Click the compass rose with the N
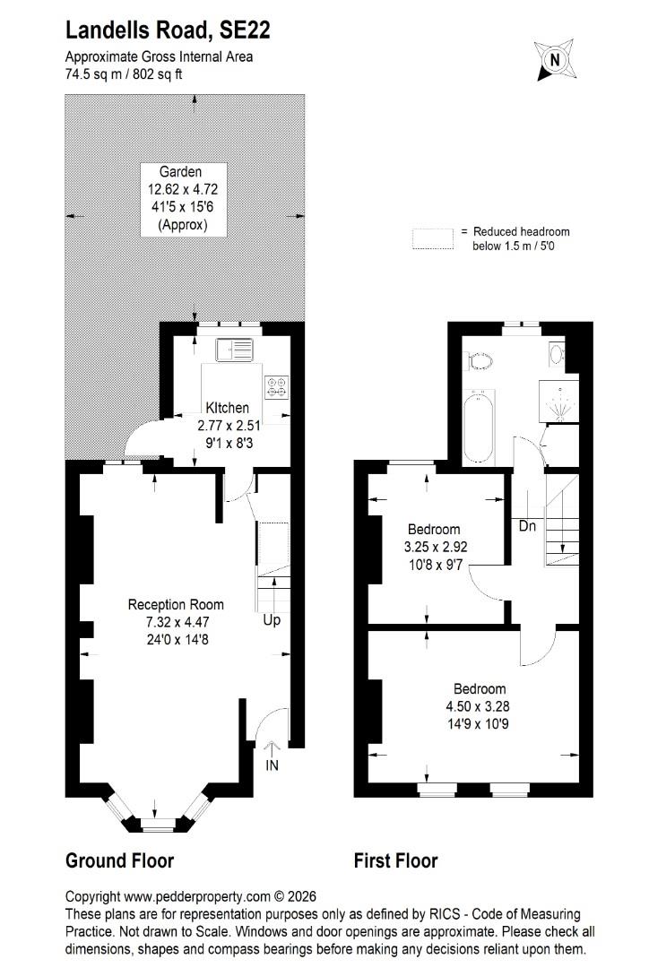(555, 60)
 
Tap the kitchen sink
(234, 350)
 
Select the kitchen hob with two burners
(277, 387)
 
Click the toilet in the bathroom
(480, 360)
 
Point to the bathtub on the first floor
(478, 427)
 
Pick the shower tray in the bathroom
(558, 402)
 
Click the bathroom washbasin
(557, 354)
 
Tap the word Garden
(180, 172)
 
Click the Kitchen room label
(228, 408)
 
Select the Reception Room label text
(176, 604)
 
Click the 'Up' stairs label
(272, 620)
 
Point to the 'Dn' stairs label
(527, 526)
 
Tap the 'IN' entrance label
(272, 765)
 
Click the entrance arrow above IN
(272, 748)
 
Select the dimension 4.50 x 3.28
(478, 706)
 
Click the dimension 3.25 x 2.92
(436, 547)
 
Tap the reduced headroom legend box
(433, 239)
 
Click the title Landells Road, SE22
(168, 30)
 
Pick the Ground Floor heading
(120, 860)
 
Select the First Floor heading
(396, 860)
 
